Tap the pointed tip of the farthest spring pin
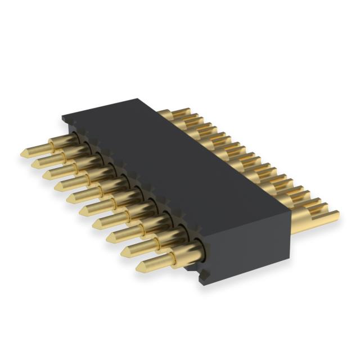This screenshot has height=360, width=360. coord(23,152)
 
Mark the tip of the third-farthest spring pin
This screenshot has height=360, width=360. coord(46,174)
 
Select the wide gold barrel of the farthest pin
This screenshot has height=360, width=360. coord(62,140)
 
